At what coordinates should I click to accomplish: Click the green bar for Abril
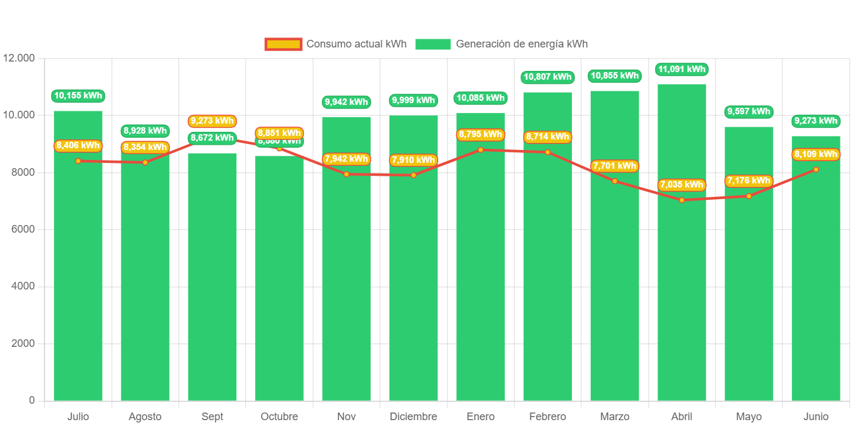coord(682,293)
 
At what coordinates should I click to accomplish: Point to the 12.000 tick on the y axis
coord(19,58)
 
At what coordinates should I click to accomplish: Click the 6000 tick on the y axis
coord(23,229)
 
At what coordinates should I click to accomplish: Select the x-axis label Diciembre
coord(413,417)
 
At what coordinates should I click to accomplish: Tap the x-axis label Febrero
coord(547,417)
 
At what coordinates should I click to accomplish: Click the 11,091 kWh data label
coord(682,69)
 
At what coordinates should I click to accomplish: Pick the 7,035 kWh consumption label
coord(682,185)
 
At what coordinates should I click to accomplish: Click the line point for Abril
coord(682,200)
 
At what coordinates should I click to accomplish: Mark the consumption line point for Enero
coord(480,150)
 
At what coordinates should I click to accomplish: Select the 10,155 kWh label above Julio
coord(78,96)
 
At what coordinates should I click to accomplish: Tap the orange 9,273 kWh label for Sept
coord(212,121)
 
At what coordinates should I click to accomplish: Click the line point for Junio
coord(816,169)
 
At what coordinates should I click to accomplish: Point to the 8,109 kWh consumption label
coord(816,154)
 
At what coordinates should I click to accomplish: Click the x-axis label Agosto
coord(145,417)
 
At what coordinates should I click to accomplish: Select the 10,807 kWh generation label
coord(547,77)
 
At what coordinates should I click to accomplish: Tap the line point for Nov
coord(346,174)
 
